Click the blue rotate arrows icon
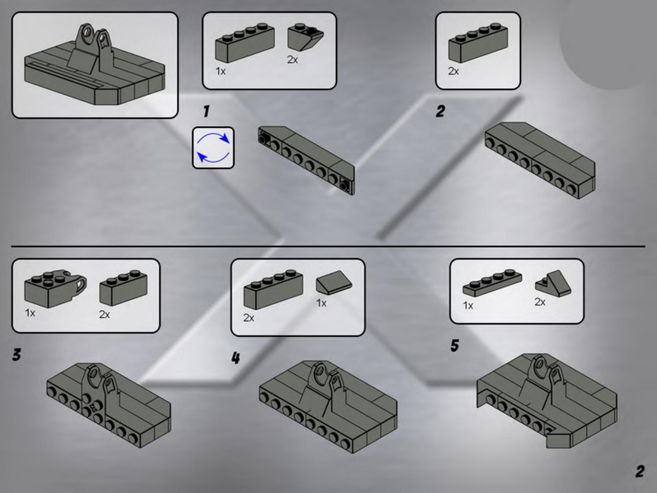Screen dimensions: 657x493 [213, 148]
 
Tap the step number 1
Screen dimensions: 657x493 [206, 112]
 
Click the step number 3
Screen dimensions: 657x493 [17, 355]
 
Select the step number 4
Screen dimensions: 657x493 [236, 358]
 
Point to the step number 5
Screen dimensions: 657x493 [455, 345]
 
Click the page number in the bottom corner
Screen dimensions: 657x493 [640, 471]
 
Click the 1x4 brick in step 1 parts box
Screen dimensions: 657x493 [244, 43]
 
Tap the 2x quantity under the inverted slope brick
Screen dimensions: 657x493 [292, 60]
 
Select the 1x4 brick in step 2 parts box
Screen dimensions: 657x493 [478, 43]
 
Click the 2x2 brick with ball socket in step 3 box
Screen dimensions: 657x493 [55, 288]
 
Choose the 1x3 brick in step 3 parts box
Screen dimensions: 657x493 [123, 288]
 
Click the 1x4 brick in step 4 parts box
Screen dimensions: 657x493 [273, 289]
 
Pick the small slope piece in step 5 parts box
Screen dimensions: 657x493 [553, 284]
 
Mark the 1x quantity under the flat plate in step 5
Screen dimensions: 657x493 [468, 306]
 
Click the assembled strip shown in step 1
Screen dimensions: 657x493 [306, 161]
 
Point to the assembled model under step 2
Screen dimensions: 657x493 [540, 161]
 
